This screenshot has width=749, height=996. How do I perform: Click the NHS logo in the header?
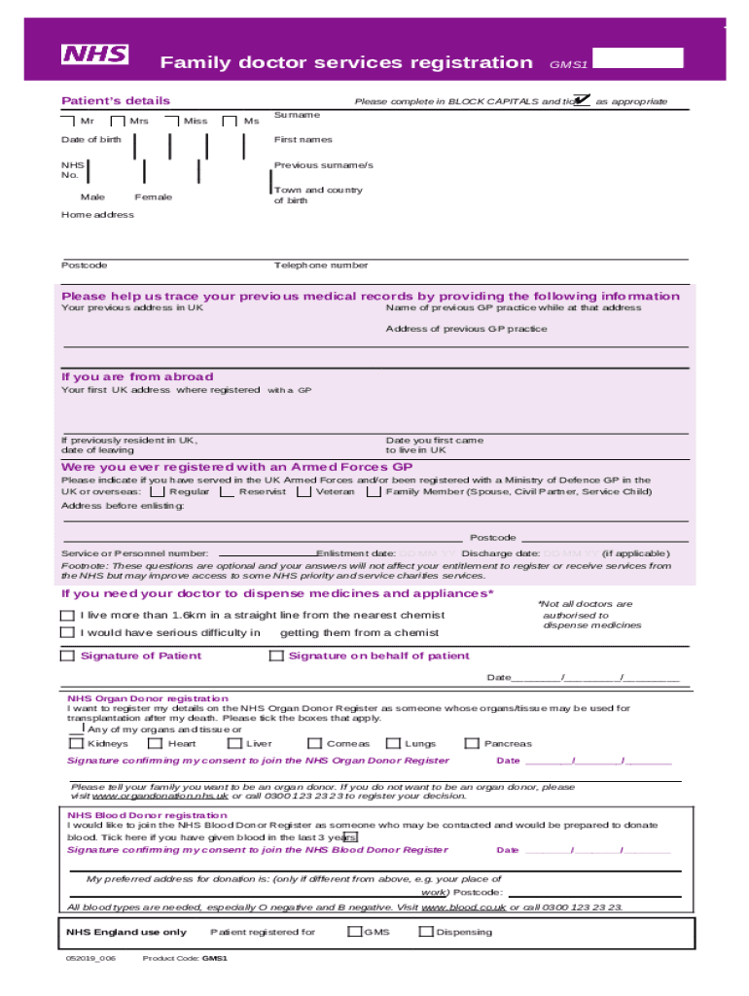coord(95,54)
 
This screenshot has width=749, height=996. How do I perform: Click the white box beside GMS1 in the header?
coord(638,58)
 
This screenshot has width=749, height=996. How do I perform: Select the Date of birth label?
coord(91,140)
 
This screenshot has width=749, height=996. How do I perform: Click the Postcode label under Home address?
coord(85,266)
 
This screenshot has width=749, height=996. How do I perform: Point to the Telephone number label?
coord(321,266)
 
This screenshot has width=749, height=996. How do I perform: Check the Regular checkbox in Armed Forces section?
coord(158,492)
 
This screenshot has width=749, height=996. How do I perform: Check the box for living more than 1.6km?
coord(67,615)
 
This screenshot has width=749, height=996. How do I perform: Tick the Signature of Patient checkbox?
coord(67,656)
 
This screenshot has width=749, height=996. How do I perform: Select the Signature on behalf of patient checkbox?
coord(275,656)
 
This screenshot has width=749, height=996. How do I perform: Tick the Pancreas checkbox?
coord(473,744)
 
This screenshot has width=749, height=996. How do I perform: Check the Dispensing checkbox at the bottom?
coord(425,932)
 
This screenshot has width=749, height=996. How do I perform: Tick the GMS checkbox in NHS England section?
coord(354,932)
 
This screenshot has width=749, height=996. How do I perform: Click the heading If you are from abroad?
coord(137,376)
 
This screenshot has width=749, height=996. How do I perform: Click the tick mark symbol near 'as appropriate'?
coord(582,99)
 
